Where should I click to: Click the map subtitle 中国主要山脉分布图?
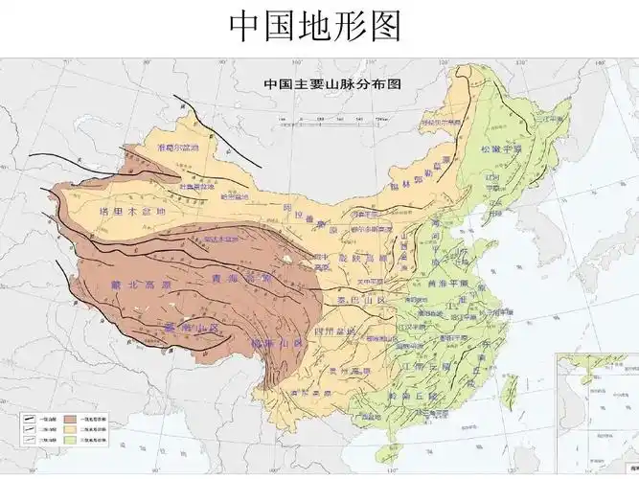[x=331, y=83]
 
